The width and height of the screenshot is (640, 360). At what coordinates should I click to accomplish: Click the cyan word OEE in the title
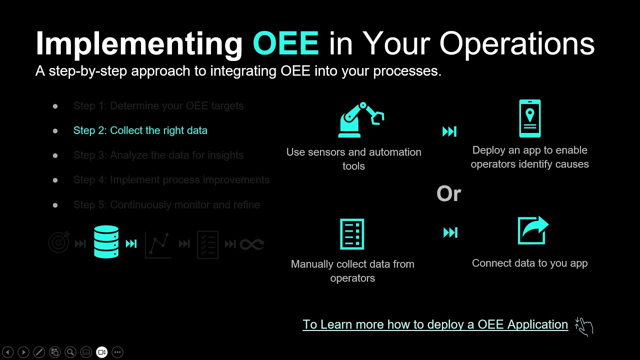pyautogui.click(x=286, y=43)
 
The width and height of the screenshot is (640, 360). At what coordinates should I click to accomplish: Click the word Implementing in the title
pyautogui.click(x=139, y=43)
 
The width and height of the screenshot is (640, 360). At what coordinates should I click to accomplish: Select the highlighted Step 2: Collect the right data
pyautogui.click(x=140, y=130)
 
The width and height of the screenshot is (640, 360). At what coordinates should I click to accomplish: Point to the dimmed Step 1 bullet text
pyautogui.click(x=158, y=106)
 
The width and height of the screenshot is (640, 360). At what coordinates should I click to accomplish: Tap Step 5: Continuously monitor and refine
pyautogui.click(x=166, y=205)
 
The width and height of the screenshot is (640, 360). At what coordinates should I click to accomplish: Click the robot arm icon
pyautogui.click(x=360, y=120)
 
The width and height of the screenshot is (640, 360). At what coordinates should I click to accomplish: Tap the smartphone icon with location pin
pyautogui.click(x=529, y=118)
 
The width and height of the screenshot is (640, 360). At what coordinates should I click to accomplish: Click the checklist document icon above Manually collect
pyautogui.click(x=352, y=234)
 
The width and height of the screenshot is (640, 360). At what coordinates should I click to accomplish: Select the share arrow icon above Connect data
pyautogui.click(x=532, y=230)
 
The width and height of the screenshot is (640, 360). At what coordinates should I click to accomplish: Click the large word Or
pyautogui.click(x=448, y=194)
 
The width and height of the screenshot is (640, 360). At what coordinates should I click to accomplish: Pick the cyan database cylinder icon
pyautogui.click(x=106, y=242)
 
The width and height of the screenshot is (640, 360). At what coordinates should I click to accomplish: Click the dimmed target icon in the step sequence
pyautogui.click(x=59, y=243)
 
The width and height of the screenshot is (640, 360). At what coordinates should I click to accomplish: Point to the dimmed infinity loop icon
pyautogui.click(x=251, y=244)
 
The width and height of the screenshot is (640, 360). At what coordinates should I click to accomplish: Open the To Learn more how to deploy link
pyautogui.click(x=435, y=324)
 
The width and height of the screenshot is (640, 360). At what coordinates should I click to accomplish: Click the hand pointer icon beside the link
pyautogui.click(x=583, y=326)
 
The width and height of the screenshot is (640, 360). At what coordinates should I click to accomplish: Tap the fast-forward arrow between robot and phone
pyautogui.click(x=449, y=131)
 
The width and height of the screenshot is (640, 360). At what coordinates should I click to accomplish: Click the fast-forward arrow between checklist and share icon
pyautogui.click(x=450, y=232)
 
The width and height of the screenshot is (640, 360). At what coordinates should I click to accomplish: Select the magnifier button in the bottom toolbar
pyautogui.click(x=70, y=352)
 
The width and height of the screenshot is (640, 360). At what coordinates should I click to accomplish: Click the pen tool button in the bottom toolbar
pyautogui.click(x=39, y=352)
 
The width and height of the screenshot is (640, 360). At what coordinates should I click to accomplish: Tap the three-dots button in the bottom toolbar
pyautogui.click(x=117, y=352)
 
